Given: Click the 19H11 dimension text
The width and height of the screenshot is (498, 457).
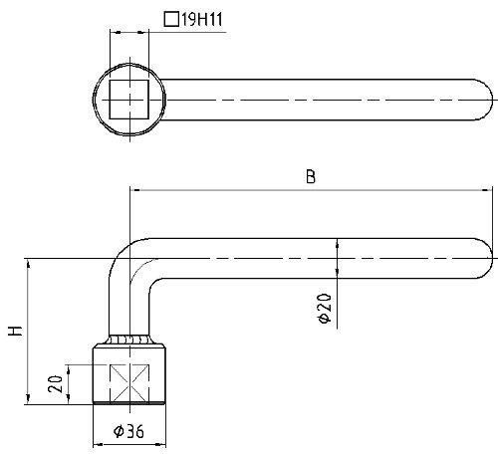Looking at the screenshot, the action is [202, 20].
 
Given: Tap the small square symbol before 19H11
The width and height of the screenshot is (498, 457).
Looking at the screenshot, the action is [171, 19].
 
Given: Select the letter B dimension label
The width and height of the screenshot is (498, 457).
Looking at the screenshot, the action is [311, 176].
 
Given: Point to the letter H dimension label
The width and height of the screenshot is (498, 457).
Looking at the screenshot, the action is [15, 331].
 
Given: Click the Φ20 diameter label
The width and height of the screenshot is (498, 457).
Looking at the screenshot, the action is [325, 308].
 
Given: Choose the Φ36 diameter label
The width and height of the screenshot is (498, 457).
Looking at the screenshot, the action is [128, 431].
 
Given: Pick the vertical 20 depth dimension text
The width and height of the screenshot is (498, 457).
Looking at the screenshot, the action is [55, 384].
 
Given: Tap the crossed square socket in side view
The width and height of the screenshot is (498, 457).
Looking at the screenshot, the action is [129, 383].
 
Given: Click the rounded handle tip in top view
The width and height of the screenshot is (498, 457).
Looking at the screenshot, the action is [488, 100].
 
